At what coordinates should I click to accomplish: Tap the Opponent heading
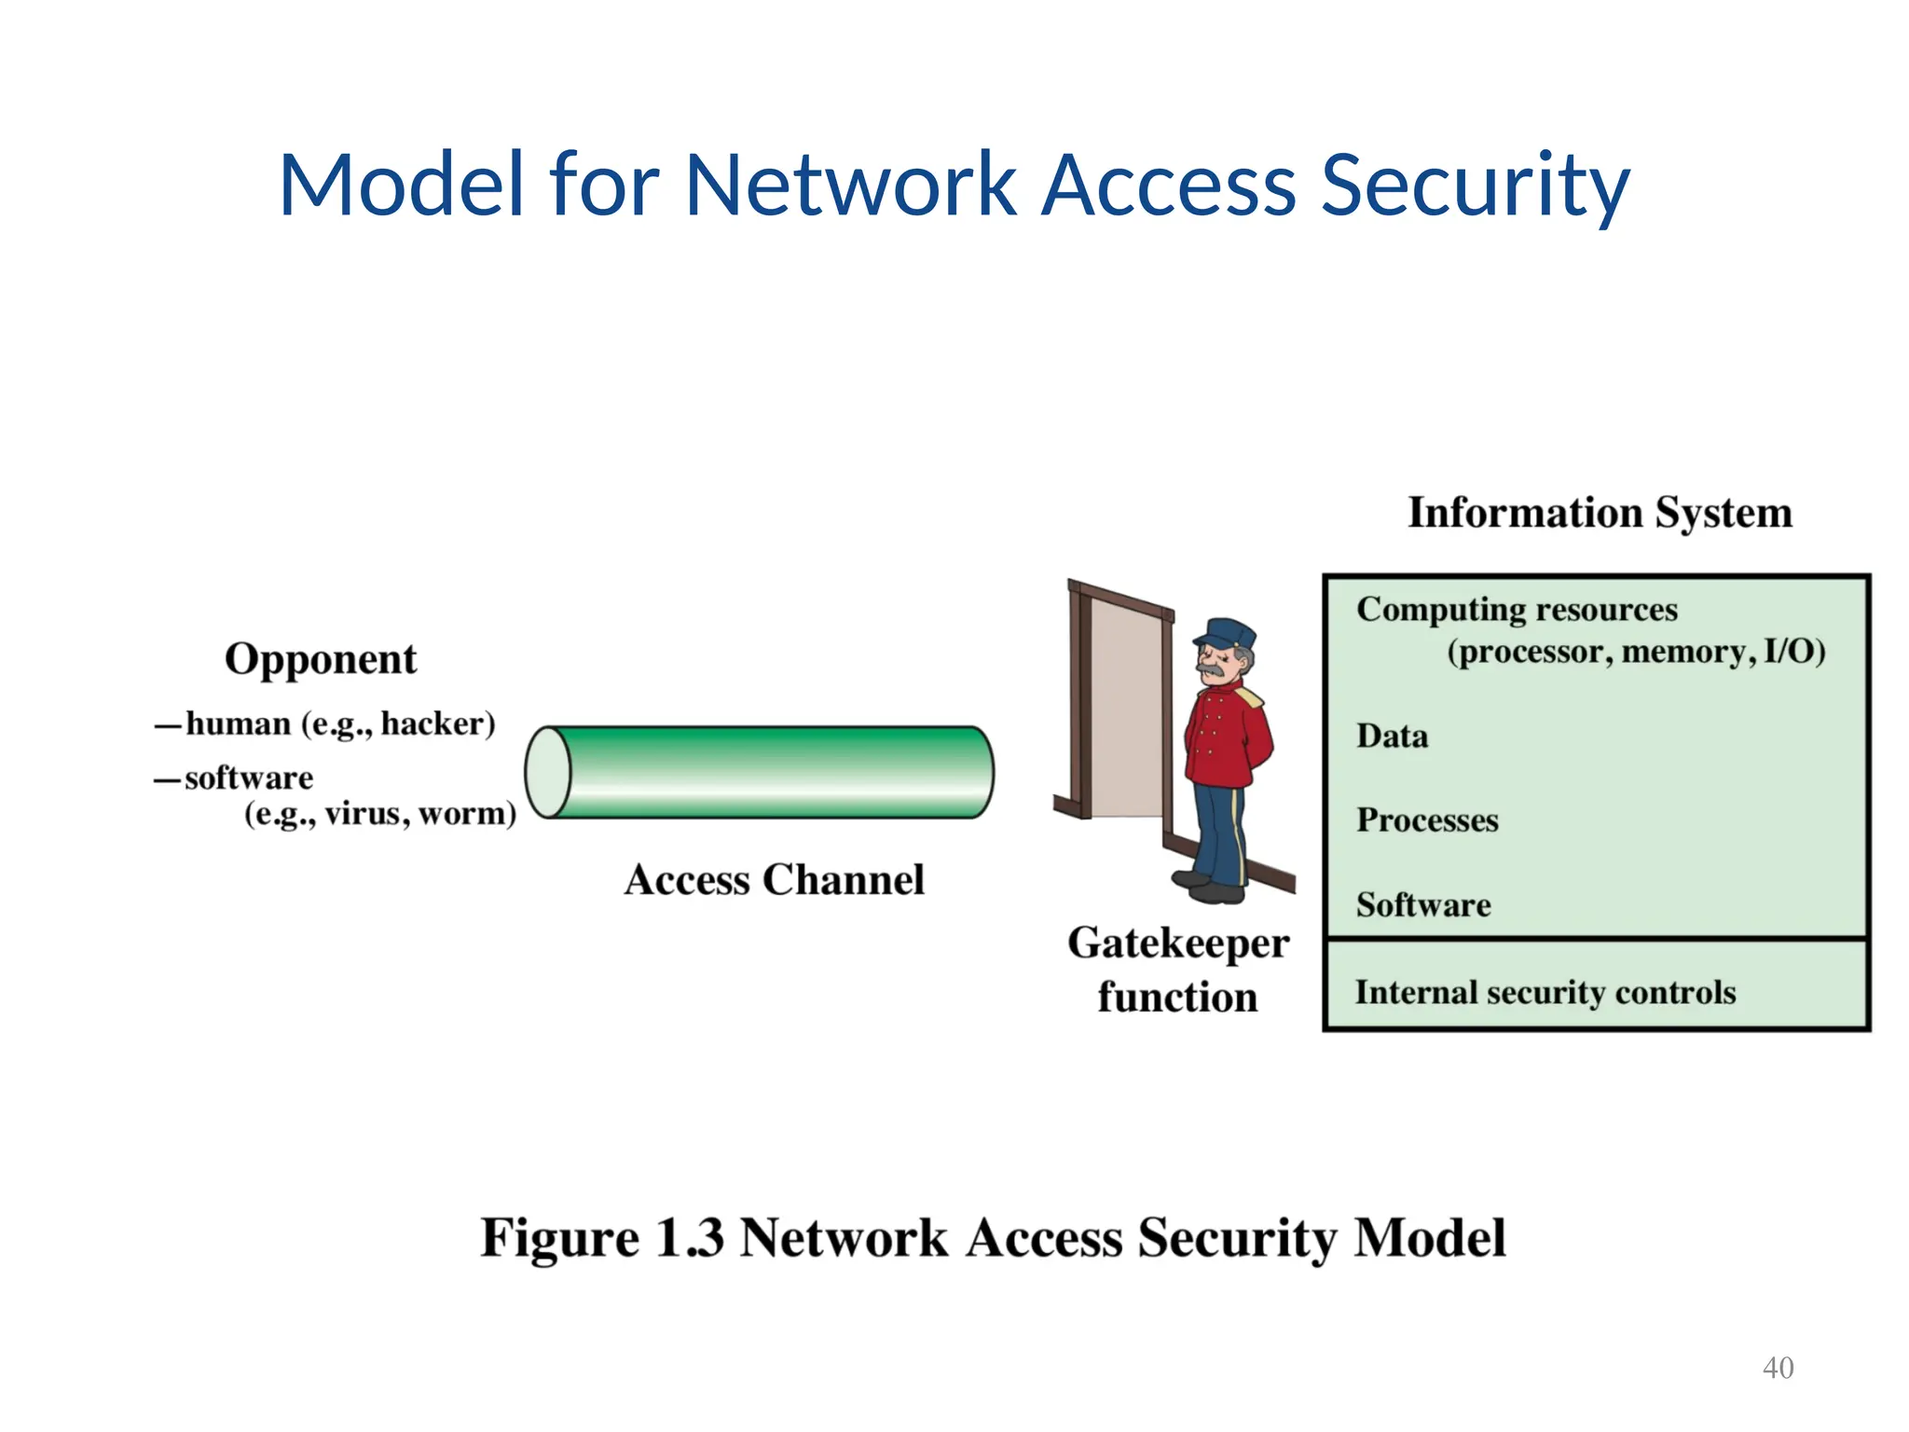(x=321, y=660)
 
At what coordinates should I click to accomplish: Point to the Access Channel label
(x=774, y=880)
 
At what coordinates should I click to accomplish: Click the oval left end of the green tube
(x=548, y=773)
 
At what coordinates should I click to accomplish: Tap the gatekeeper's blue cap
(x=1226, y=633)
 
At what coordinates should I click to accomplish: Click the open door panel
(x=1126, y=709)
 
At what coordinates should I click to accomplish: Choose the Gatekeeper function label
(x=1178, y=970)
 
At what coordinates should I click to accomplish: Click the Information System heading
(x=1600, y=513)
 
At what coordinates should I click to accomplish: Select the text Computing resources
(x=1517, y=610)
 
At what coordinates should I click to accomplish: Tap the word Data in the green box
(x=1392, y=737)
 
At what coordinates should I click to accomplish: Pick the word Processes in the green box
(x=1427, y=820)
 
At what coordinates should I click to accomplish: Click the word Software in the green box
(x=1423, y=905)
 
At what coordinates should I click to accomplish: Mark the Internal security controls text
(x=1545, y=993)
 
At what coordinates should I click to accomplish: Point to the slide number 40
(x=1778, y=1368)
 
